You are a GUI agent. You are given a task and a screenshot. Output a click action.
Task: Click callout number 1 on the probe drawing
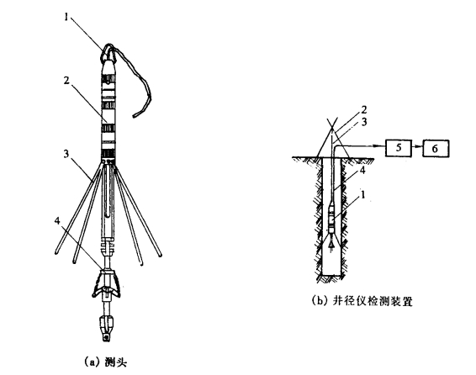(66, 17)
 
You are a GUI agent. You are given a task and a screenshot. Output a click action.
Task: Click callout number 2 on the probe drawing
(66, 81)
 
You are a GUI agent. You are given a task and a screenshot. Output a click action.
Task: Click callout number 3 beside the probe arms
(66, 154)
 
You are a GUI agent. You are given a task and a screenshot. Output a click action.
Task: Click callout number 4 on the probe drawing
(57, 221)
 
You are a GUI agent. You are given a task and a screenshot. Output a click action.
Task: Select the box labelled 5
(399, 148)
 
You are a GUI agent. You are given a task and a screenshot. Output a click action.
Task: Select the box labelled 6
(436, 148)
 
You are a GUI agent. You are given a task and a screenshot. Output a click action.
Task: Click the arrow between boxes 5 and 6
(417, 147)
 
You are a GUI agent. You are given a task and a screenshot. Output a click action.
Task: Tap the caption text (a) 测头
(105, 362)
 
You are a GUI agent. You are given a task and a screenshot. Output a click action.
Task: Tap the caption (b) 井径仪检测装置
(362, 301)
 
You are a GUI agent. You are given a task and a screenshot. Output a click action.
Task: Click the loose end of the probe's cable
(135, 116)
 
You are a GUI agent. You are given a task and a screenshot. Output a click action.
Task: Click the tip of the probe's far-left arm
(56, 251)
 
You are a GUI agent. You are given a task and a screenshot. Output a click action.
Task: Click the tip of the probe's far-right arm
(160, 255)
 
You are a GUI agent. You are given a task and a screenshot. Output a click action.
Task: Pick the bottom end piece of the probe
(107, 329)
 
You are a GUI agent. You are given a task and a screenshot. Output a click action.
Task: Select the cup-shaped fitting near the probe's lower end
(107, 283)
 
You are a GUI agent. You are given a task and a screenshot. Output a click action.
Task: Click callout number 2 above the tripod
(363, 110)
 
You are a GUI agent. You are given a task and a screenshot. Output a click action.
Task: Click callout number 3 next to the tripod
(363, 122)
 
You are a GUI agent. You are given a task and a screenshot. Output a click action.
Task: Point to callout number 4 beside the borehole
(362, 171)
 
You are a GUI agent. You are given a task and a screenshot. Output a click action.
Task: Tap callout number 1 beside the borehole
(362, 194)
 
